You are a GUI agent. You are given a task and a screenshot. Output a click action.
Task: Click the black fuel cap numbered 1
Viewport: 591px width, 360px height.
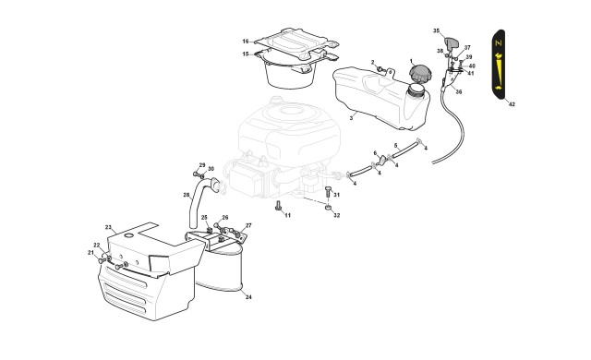pyautogui.click(x=419, y=74)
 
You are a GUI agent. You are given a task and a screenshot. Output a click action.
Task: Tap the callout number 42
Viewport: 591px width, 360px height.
pyautogui.click(x=512, y=104)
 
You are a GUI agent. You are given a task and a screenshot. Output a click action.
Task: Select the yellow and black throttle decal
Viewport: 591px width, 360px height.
pyautogui.click(x=499, y=65)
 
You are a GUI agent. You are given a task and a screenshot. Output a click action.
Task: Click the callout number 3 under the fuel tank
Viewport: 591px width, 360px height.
pyautogui.click(x=351, y=118)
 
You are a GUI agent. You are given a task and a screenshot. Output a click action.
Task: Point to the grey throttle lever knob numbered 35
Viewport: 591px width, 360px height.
pyautogui.click(x=452, y=43)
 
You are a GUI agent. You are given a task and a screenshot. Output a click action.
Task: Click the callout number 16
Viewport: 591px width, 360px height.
pyautogui.click(x=246, y=42)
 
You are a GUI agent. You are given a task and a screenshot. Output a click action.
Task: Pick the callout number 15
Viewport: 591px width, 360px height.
pyautogui.click(x=246, y=54)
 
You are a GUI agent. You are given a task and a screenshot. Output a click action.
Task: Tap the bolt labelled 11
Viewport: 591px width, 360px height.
pyautogui.click(x=279, y=206)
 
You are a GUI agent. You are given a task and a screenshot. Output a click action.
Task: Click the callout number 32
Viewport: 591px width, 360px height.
pyautogui.click(x=336, y=215)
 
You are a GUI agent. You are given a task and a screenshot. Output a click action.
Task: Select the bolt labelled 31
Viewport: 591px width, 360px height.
pyautogui.click(x=328, y=191)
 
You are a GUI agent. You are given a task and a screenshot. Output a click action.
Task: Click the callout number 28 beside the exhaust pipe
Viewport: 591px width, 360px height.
pyautogui.click(x=187, y=195)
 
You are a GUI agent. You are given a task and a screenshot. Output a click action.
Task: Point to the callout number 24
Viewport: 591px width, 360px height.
pyautogui.click(x=248, y=297)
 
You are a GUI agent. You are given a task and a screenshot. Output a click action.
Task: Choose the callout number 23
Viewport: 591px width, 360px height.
pyautogui.click(x=109, y=227)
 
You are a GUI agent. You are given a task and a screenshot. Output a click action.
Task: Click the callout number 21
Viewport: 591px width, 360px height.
pyautogui.click(x=90, y=252)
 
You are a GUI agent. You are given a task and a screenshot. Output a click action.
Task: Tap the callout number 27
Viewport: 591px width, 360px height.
pyautogui.click(x=248, y=225)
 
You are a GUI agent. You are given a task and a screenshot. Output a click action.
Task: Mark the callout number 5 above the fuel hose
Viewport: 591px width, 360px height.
pyautogui.click(x=396, y=145)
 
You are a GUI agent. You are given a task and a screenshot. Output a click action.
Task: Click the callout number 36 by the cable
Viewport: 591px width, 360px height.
pyautogui.click(x=459, y=91)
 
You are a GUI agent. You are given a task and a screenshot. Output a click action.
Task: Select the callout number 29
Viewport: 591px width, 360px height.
pyautogui.click(x=202, y=165)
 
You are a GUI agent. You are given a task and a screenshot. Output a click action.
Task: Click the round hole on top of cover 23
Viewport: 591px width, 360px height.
pyautogui.click(x=129, y=235)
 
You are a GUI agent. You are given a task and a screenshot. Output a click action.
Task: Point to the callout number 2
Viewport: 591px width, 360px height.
pyautogui.click(x=373, y=62)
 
